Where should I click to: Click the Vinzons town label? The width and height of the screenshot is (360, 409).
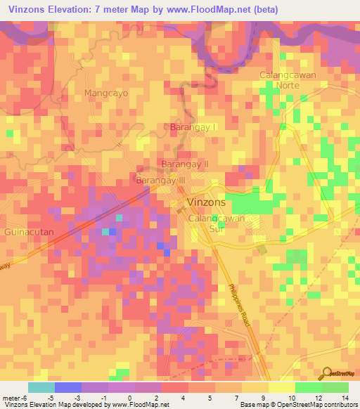206,202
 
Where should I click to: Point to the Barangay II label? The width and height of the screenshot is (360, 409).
186,164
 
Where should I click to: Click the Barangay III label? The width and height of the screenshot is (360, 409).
160,181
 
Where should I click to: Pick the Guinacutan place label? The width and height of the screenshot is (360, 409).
29,231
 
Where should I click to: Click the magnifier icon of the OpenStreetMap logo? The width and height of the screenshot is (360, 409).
326,372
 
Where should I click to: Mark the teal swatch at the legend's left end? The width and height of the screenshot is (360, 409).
41,387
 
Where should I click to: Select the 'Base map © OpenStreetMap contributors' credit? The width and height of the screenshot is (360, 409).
298,405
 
